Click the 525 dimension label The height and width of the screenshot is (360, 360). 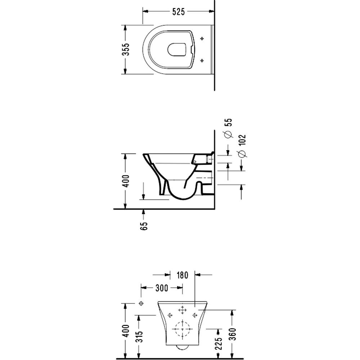179,12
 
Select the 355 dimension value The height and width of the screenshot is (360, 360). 126,49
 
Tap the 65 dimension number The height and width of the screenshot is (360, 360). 144,226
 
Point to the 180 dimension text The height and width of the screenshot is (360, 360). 182,275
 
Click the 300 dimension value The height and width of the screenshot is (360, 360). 162,288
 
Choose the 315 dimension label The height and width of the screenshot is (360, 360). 139,337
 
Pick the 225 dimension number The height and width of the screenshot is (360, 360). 219,343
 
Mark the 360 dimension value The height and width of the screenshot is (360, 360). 232,334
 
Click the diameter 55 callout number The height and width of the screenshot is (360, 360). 229,122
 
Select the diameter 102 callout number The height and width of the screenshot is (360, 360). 242,140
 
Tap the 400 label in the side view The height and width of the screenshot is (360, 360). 126,181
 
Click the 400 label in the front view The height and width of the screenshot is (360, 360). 126,331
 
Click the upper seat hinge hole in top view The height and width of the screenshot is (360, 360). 202,39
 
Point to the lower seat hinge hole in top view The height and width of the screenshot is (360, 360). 202,60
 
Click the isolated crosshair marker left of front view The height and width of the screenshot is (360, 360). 141,303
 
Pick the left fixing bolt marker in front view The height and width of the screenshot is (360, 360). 170,315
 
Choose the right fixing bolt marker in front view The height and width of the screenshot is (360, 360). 195,315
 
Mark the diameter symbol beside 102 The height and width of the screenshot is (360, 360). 242,154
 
